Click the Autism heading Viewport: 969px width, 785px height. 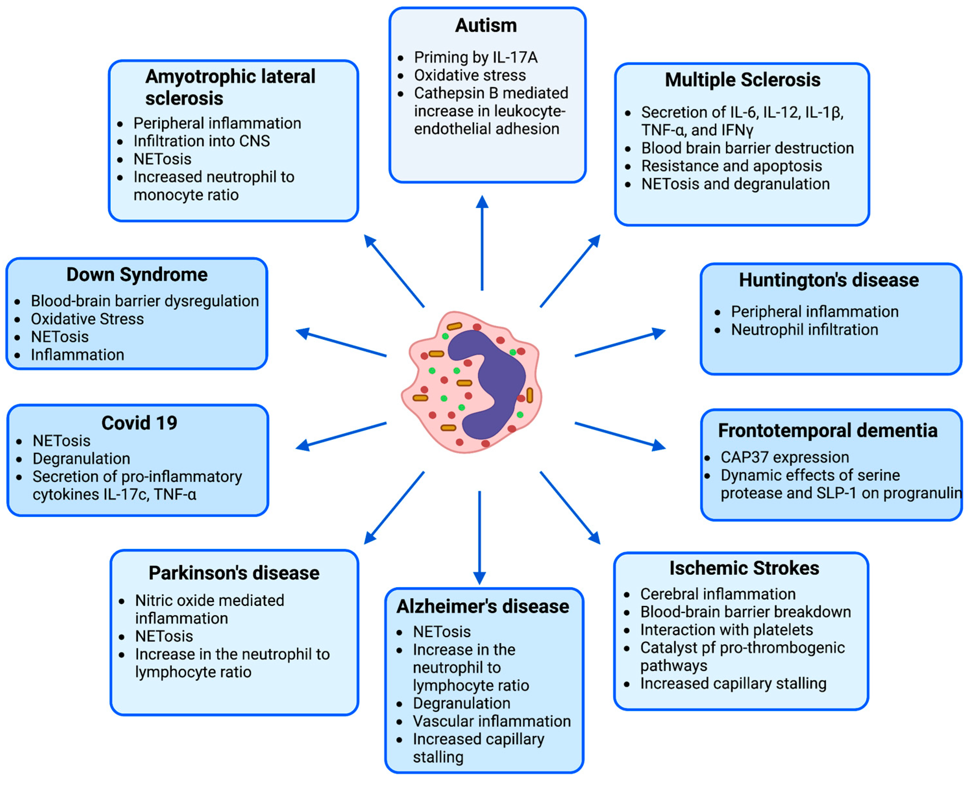485,25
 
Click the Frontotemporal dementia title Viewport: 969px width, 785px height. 828,430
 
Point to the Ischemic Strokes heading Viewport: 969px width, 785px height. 744,568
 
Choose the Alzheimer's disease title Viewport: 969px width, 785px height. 482,606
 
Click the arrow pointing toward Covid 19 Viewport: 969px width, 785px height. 341,435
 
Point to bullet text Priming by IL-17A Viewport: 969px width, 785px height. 475,57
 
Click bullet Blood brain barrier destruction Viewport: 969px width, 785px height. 747,148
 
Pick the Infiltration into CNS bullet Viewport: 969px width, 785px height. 201,141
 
